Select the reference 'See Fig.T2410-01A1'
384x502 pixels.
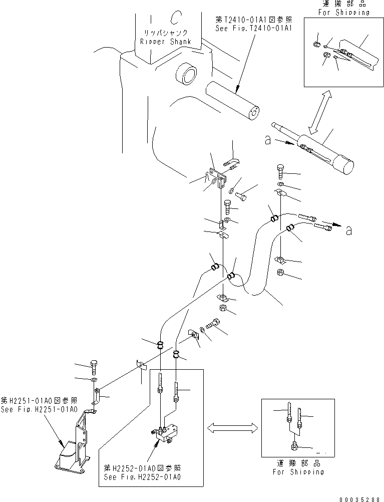click(x=250, y=29)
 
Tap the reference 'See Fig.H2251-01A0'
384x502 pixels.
click(x=39, y=409)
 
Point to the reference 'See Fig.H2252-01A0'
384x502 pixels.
click(x=143, y=476)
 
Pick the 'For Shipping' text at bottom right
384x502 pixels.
click(x=298, y=471)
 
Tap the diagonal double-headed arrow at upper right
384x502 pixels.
click(x=318, y=113)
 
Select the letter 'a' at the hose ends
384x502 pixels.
click(x=348, y=230)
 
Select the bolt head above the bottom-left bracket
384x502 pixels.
click(x=95, y=365)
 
